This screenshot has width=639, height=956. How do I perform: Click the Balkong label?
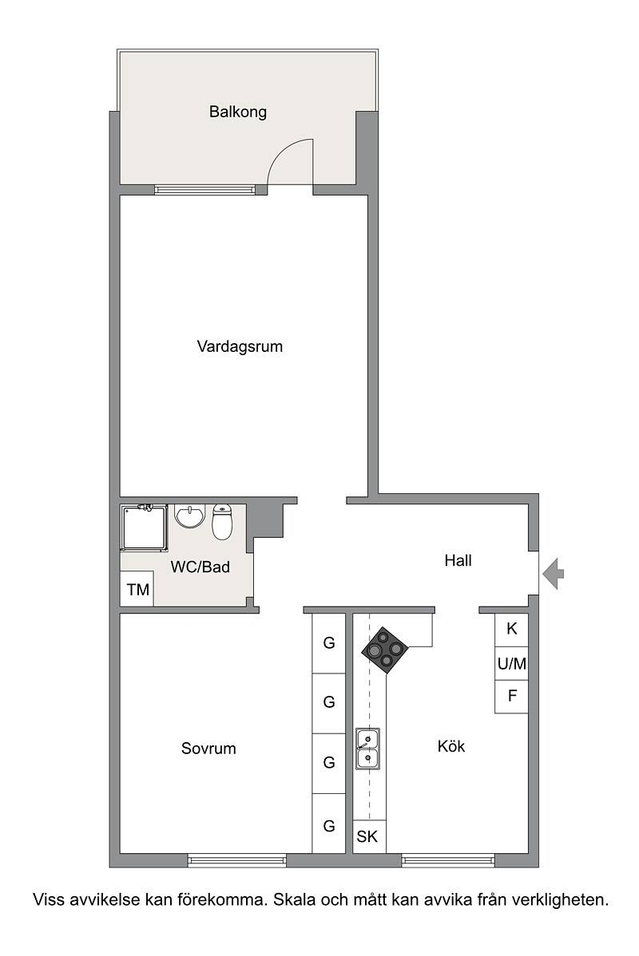click(x=238, y=113)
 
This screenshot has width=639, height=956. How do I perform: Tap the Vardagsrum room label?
click(x=240, y=347)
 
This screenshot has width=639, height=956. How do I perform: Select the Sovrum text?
click(x=208, y=749)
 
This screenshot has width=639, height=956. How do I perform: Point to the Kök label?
click(x=451, y=746)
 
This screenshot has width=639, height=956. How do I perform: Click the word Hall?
click(x=458, y=561)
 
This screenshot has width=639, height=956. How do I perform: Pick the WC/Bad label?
click(x=200, y=567)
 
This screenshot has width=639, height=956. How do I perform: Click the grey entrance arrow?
click(x=553, y=575)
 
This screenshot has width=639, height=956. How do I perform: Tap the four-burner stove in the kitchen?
click(x=384, y=650)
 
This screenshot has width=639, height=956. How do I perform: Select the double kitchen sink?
click(x=367, y=749)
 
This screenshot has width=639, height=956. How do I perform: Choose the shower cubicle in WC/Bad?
click(x=144, y=527)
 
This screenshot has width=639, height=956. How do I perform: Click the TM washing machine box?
click(x=137, y=589)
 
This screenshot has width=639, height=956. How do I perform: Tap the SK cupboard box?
click(x=369, y=836)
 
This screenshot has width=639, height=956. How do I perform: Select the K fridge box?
click(x=511, y=629)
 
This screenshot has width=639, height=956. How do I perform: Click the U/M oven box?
click(x=511, y=664)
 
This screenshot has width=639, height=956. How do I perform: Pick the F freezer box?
click(x=511, y=697)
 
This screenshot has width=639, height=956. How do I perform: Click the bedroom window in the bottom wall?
click(x=236, y=861)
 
